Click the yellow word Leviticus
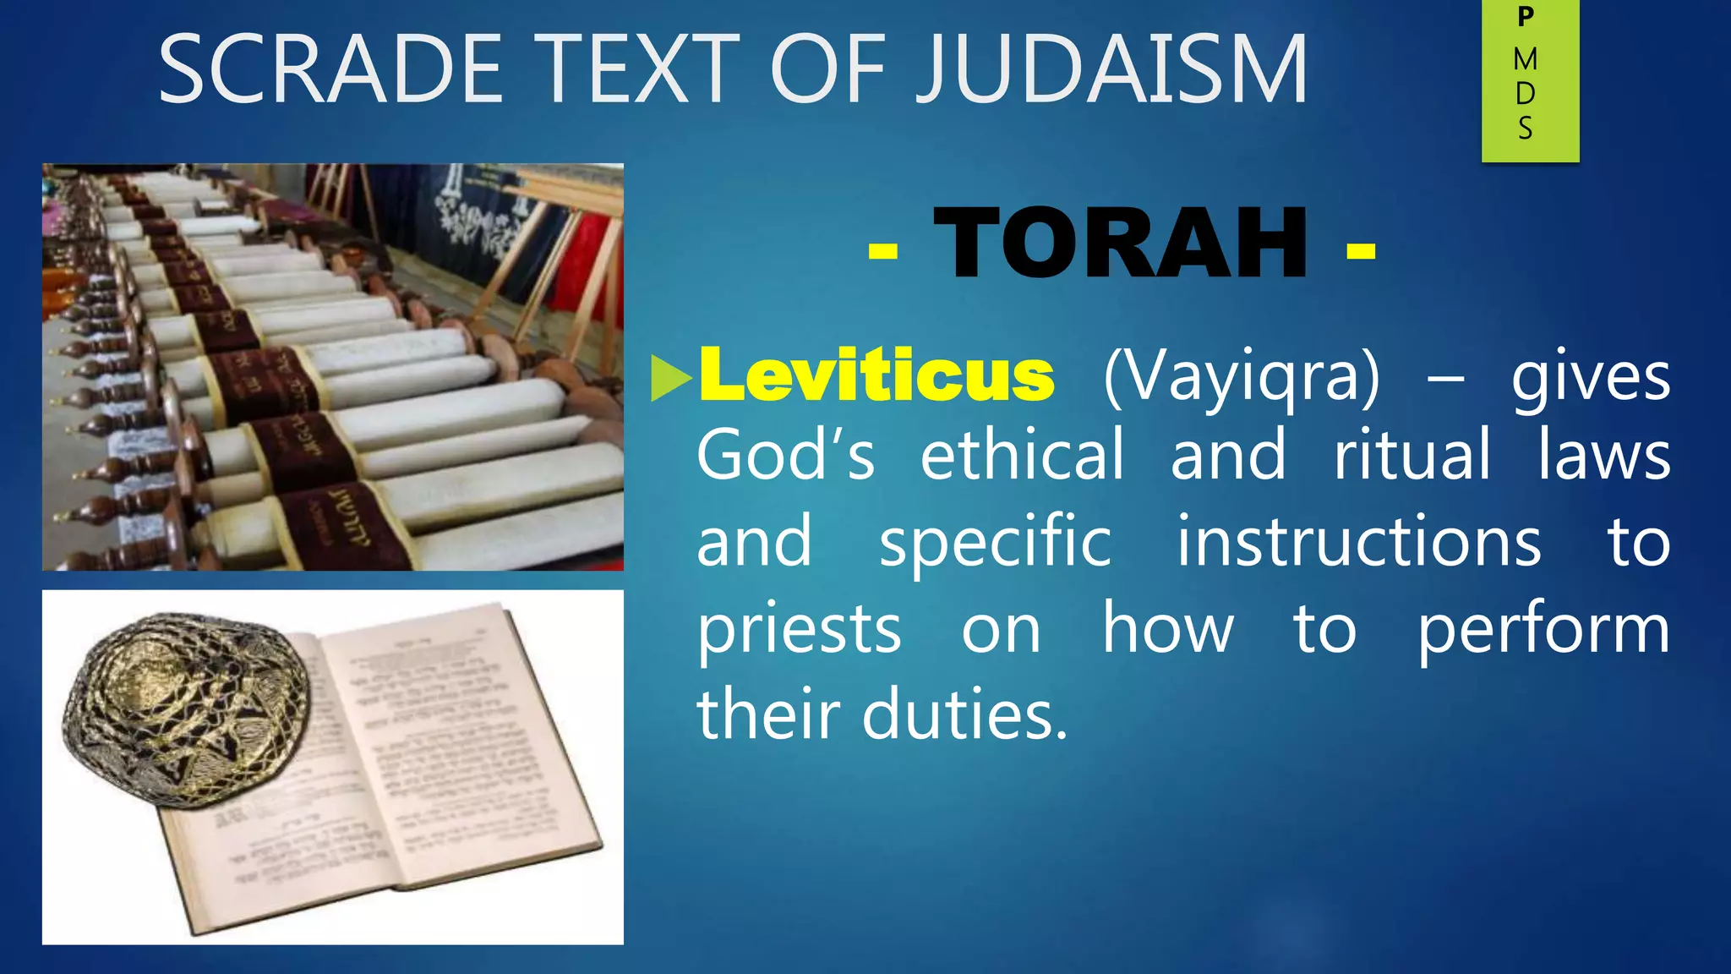pyautogui.click(x=876, y=375)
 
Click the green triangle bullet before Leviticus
pyautogui.click(x=671, y=378)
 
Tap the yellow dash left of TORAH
pyautogui.click(x=882, y=249)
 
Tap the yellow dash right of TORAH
pyautogui.click(x=1361, y=249)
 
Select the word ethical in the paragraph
pyautogui.click(x=1022, y=455)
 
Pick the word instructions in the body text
pyautogui.click(x=1358, y=542)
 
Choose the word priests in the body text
pyautogui.click(x=799, y=630)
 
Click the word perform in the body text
pyautogui.click(x=1543, y=630)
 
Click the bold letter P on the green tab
pyautogui.click(x=1526, y=17)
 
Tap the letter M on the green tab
pyautogui.click(x=1526, y=59)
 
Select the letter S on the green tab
pyautogui.click(x=1526, y=129)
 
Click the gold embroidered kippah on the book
pyautogui.click(x=186, y=710)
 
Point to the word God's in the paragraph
pyautogui.click(x=785, y=455)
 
